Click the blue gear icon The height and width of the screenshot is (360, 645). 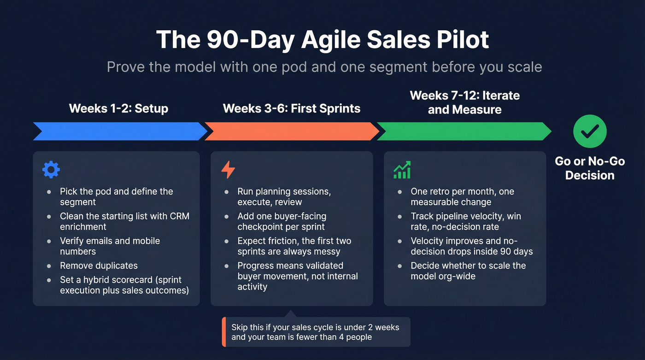51,170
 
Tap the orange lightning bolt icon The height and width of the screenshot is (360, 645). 228,170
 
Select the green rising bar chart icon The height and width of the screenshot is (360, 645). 402,170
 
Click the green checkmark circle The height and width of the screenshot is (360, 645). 590,131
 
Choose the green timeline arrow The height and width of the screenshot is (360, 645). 463,131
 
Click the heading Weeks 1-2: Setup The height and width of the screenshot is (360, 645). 118,109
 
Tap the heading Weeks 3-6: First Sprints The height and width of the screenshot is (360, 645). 292,109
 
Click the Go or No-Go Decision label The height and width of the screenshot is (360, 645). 590,168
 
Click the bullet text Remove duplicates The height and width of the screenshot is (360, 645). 99,266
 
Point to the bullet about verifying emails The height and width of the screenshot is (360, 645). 110,246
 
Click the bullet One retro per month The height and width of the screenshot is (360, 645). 462,197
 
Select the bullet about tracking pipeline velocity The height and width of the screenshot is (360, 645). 466,221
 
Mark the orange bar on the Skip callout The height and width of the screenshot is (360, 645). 224,332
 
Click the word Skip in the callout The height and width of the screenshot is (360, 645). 240,327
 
